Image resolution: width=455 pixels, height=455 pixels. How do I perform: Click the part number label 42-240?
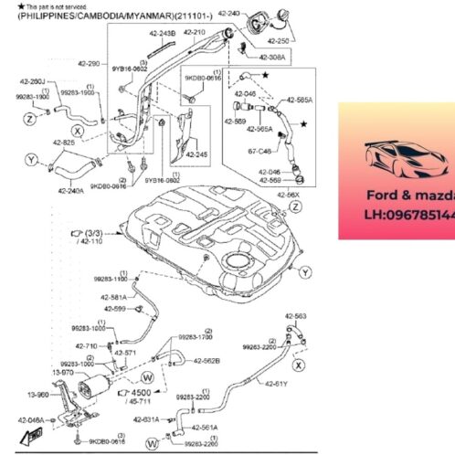pyautogui.click(x=230, y=15)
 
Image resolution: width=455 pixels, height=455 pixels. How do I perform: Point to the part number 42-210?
pyautogui.click(x=195, y=32)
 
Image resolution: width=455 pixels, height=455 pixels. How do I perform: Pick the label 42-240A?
pyautogui.click(x=70, y=191)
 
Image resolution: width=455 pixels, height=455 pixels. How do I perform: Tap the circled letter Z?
pyautogui.click(x=31, y=119)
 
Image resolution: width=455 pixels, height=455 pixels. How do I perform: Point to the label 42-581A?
pyautogui.click(x=114, y=297)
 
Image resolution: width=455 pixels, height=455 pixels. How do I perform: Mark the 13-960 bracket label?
pyautogui.click(x=37, y=395)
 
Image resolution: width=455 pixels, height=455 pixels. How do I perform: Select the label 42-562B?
pyautogui.click(x=206, y=360)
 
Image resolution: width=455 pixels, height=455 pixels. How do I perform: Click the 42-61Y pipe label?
pyautogui.click(x=276, y=384)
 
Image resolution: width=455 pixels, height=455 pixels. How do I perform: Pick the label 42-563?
pyautogui.click(x=295, y=315)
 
